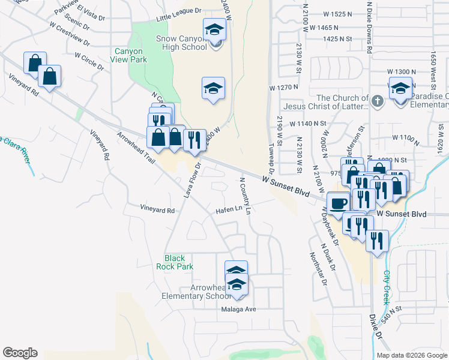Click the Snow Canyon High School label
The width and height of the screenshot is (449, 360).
point(182,43)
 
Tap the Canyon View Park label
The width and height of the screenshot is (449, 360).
point(129,56)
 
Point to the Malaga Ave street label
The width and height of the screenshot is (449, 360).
point(238,310)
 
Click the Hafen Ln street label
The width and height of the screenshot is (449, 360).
point(229,209)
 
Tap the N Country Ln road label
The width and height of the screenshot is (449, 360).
point(245,195)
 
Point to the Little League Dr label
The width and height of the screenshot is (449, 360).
point(178,19)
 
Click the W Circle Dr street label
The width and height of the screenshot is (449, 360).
point(90,62)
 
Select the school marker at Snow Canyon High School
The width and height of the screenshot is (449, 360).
point(214,29)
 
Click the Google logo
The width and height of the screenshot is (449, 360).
point(20,353)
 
